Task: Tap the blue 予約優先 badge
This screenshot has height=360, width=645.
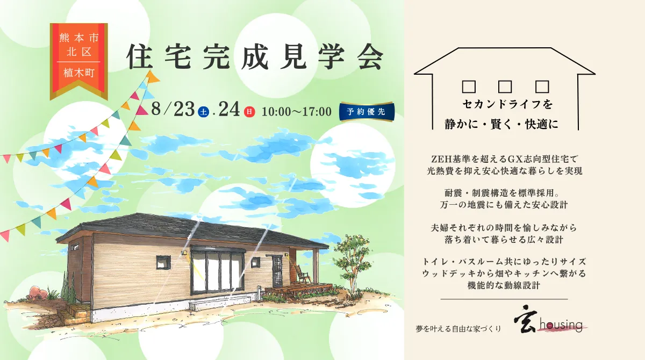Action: pyautogui.click(x=367, y=112)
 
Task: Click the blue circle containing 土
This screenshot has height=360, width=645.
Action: pyautogui.click(x=204, y=111)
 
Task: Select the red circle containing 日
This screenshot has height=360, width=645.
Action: pyautogui.click(x=249, y=112)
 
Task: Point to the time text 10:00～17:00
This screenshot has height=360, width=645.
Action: pyautogui.click(x=296, y=112)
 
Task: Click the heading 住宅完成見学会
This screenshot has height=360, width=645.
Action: pyautogui.click(x=255, y=57)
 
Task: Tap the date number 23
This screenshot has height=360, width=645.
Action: pyautogui.click(x=184, y=110)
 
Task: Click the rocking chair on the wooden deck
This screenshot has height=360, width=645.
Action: pyautogui.click(x=302, y=274)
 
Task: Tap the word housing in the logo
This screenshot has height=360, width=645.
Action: pyautogui.click(x=561, y=325)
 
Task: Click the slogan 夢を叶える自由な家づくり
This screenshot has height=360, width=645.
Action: pyautogui.click(x=458, y=329)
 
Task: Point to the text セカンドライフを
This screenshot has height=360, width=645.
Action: pyautogui.click(x=507, y=104)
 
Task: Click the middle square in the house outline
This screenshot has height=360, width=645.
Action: pyautogui.click(x=505, y=87)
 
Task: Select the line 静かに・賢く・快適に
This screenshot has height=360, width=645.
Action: pyautogui.click(x=501, y=124)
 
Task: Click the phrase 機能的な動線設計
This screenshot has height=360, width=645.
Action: pyautogui.click(x=504, y=285)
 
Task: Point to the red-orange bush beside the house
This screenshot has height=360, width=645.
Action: pyautogui.click(x=38, y=293)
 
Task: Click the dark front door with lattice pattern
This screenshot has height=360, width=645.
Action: pyautogui.click(x=277, y=271)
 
